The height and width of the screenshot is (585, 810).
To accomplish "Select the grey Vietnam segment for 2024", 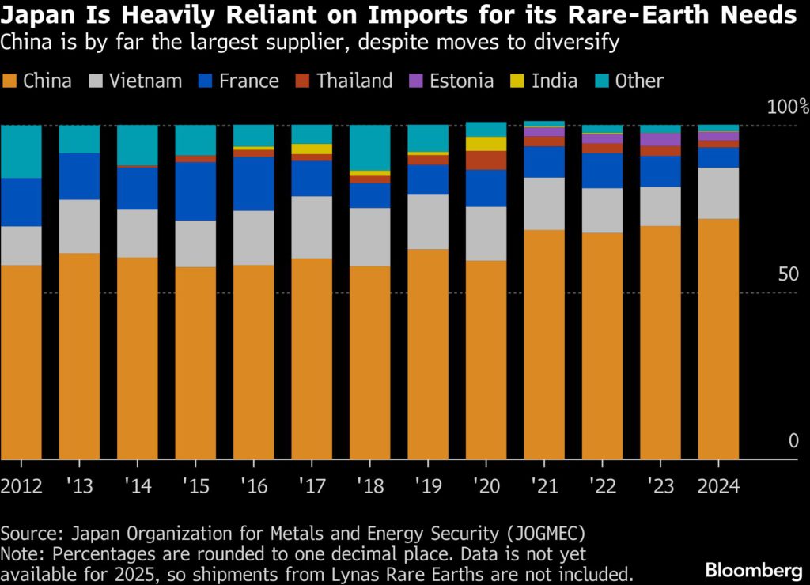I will click(x=718, y=193).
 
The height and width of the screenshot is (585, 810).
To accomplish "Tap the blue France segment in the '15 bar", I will click(x=195, y=191).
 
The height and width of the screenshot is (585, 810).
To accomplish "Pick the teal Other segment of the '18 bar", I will click(x=370, y=148).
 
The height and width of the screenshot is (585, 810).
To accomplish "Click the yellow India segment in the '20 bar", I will click(x=486, y=144).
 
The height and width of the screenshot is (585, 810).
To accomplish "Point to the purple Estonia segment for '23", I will click(x=660, y=139).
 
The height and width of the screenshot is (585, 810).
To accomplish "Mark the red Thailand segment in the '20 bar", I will click(x=486, y=160).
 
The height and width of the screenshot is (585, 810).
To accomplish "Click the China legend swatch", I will click(x=10, y=81).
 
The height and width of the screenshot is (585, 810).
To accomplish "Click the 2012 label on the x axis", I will click(x=21, y=485).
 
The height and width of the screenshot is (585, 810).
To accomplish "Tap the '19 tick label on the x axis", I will click(x=427, y=485).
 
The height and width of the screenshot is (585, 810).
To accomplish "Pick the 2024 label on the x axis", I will click(x=718, y=485).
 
